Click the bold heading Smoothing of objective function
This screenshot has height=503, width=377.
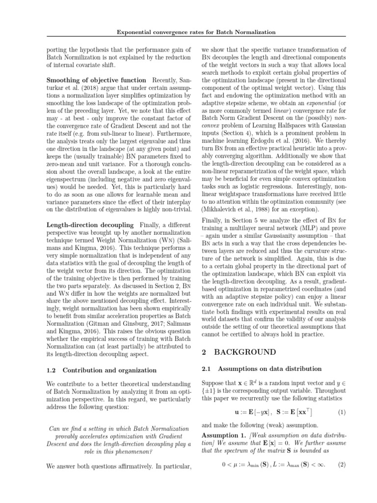coord(96,80)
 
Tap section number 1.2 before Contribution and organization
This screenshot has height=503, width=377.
coord(52,370)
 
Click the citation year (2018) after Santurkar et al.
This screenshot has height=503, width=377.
coord(72,88)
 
